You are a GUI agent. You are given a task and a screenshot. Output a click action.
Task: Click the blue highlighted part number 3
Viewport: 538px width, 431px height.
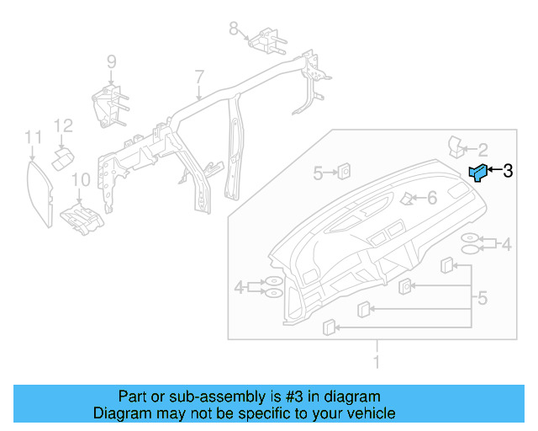(477, 173)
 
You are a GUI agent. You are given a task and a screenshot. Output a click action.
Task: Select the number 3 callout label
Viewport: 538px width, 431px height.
(507, 171)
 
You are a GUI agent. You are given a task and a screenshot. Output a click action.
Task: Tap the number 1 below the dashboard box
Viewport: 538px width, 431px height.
(377, 363)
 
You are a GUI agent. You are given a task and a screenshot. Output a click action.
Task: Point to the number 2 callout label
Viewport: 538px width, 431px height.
(483, 150)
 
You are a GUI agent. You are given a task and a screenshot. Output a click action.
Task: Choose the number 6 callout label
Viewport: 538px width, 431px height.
(432, 199)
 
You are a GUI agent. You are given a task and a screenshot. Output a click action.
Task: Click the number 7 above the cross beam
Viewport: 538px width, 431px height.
(199, 77)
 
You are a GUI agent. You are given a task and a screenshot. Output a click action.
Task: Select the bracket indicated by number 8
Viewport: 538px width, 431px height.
(266, 40)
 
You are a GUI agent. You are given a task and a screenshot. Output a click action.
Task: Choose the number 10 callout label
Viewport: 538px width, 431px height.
(80, 178)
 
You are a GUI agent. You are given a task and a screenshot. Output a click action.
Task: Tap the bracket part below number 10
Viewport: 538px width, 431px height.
(82, 215)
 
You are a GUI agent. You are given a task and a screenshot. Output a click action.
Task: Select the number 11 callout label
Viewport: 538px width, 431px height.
(32, 136)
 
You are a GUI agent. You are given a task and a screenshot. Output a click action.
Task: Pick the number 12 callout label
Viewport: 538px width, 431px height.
(64, 125)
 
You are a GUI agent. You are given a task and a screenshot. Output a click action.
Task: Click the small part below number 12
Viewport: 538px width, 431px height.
(62, 159)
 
